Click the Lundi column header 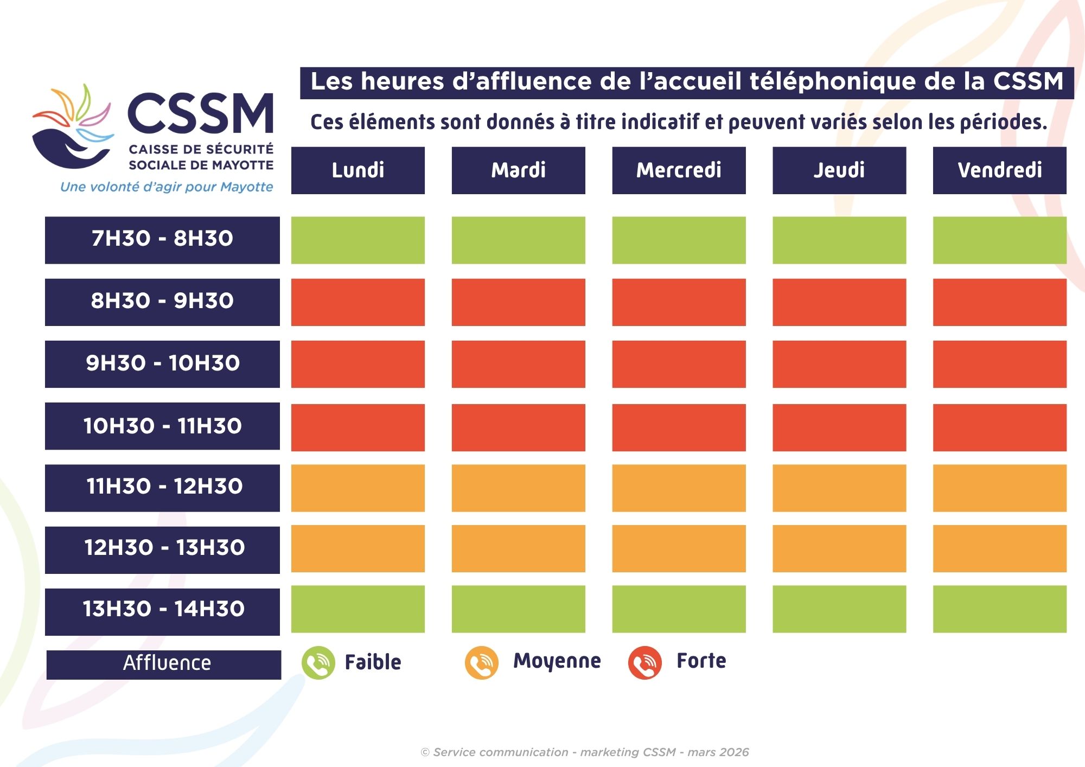pos(358,170)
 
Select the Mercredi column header pos(679,170)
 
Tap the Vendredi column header pos(999,170)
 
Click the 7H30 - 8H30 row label pos(162,240)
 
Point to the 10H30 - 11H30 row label pos(162,426)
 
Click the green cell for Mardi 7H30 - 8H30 pos(518,240)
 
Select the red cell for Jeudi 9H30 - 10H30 pos(839,364)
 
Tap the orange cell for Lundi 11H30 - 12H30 pos(358,488)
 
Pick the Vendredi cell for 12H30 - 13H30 pos(999,548)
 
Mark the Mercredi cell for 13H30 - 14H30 pos(679,609)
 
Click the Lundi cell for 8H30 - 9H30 pos(358,302)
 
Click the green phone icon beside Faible pos(318,663)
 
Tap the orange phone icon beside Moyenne pos(481,663)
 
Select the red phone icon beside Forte pos(644,663)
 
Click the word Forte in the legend pos(701,661)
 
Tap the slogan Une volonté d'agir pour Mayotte pos(167,187)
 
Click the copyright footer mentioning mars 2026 pos(585,752)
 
